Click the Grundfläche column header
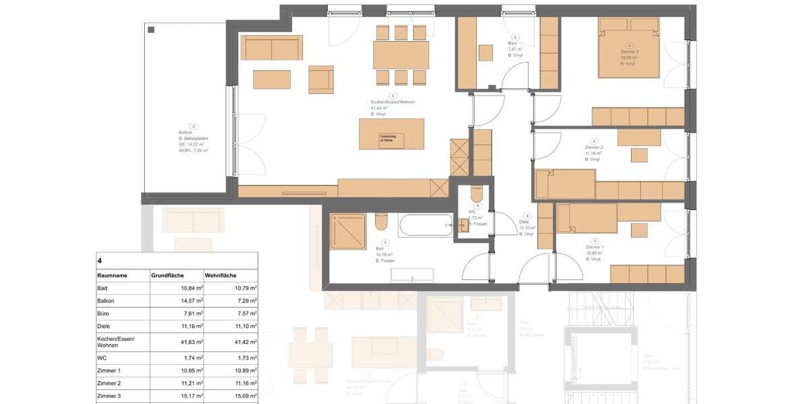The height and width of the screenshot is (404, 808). [168, 275]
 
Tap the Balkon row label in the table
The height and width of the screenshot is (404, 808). [106, 301]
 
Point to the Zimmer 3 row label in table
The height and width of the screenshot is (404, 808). [109, 396]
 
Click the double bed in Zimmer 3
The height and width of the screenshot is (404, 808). [629, 48]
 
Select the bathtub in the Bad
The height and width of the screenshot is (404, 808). [425, 225]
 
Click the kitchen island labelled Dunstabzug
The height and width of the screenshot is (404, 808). [392, 134]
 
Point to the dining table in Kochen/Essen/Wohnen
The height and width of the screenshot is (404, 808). [401, 55]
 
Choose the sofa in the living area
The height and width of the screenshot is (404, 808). [271, 47]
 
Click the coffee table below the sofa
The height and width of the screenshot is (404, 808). [271, 79]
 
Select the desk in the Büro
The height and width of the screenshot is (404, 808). [485, 53]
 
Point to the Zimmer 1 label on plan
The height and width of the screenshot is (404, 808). [595, 247]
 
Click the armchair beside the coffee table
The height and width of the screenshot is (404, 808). [321, 79]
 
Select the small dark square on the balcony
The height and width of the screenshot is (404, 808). [151, 30]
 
